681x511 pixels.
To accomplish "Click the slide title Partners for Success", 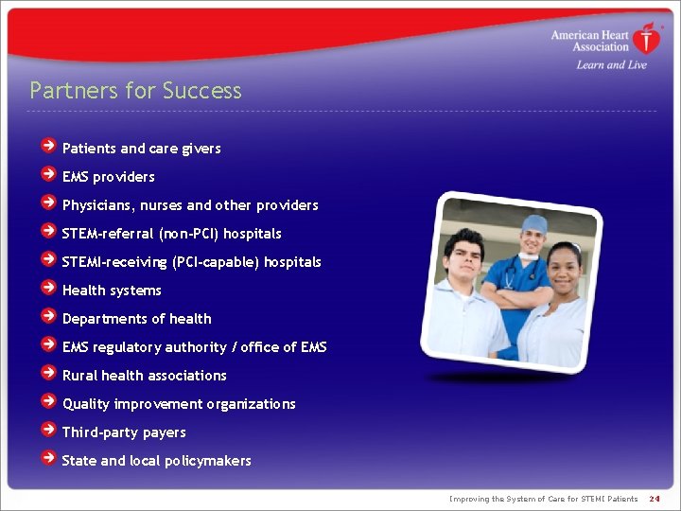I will (135, 91).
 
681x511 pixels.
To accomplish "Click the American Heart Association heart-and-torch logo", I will (647, 39).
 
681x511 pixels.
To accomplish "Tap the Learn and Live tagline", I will (611, 65).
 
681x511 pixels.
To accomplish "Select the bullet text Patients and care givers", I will (141, 149).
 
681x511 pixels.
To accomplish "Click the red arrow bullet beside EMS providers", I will (48, 175).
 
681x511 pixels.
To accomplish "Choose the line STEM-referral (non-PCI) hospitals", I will (171, 234).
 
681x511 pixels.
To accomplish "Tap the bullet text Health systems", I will (112, 291).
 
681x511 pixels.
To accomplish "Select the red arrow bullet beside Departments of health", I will (48, 317).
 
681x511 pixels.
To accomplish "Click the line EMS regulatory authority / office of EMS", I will (194, 347).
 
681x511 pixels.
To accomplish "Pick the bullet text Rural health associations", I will (144, 376).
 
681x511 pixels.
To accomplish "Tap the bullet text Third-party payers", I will (124, 432).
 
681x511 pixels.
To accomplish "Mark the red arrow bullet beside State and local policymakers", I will (48, 459).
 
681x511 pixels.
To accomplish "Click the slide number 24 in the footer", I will (655, 499).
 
